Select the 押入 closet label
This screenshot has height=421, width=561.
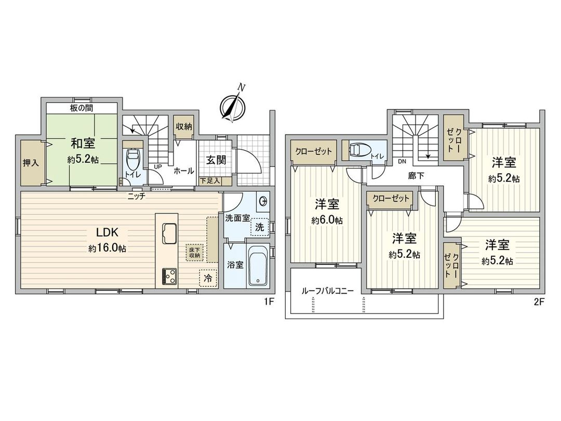click(31, 163)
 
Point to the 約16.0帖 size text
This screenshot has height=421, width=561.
click(106, 248)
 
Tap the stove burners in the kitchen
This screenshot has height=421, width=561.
click(169, 275)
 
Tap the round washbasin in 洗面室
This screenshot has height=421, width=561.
click(263, 200)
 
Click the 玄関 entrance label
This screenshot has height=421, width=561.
click(214, 160)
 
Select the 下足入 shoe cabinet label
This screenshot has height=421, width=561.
click(210, 180)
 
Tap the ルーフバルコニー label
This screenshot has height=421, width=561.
click(328, 291)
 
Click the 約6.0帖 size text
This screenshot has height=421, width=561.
click(327, 220)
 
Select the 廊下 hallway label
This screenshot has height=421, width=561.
click(416, 176)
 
